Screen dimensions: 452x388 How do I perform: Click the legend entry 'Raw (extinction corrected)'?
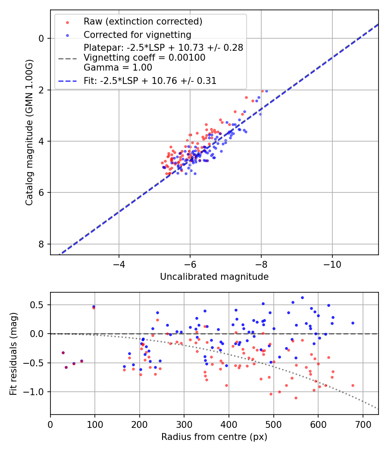143,22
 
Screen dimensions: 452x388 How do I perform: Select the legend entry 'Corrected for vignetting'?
138,34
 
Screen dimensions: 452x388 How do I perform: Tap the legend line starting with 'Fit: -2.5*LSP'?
150,80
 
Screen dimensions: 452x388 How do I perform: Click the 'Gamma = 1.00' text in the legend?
118,67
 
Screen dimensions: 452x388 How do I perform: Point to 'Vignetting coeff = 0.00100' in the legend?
144,57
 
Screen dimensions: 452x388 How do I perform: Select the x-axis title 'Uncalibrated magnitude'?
214,277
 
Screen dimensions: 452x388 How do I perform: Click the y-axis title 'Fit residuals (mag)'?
13,354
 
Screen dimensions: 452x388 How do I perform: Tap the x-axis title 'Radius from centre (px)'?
214,437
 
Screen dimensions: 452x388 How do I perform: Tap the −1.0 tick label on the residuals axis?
36,392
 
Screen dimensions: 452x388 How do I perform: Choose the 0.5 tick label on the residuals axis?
39,305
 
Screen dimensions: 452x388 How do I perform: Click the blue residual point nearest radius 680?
353,323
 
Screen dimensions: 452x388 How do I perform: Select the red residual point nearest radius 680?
353,385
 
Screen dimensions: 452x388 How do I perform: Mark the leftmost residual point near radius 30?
63,353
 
